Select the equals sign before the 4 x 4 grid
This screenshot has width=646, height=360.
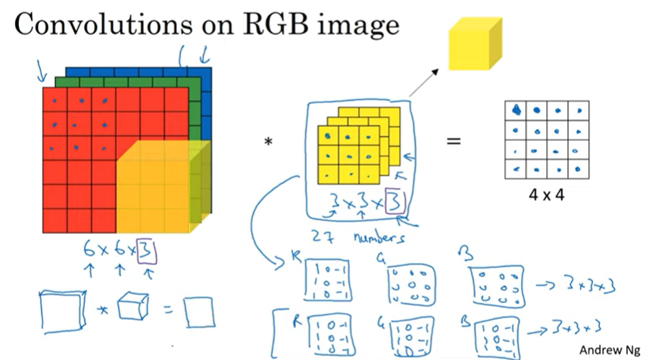click(x=453, y=141)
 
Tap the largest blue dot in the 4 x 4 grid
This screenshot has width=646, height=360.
click(x=515, y=109)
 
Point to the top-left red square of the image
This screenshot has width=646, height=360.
click(x=55, y=99)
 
